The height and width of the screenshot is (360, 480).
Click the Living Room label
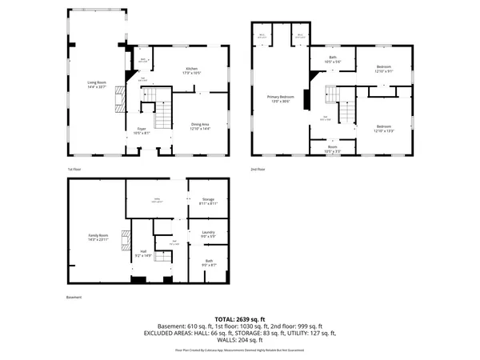tap(97, 82)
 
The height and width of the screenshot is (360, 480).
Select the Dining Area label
tap(200, 125)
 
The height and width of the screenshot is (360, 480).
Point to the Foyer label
tap(141, 129)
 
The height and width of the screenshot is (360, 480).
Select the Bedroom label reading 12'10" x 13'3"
tap(385, 126)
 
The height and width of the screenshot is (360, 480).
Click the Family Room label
tap(97, 238)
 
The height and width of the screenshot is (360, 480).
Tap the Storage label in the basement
tap(208, 201)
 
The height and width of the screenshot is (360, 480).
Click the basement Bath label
tap(208, 262)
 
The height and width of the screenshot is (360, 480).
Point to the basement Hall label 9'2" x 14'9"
tap(141, 254)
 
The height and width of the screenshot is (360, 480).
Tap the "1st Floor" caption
tap(74, 170)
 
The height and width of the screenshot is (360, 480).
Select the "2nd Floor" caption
tap(258, 170)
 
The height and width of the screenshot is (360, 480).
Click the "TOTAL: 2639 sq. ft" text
tap(239, 318)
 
